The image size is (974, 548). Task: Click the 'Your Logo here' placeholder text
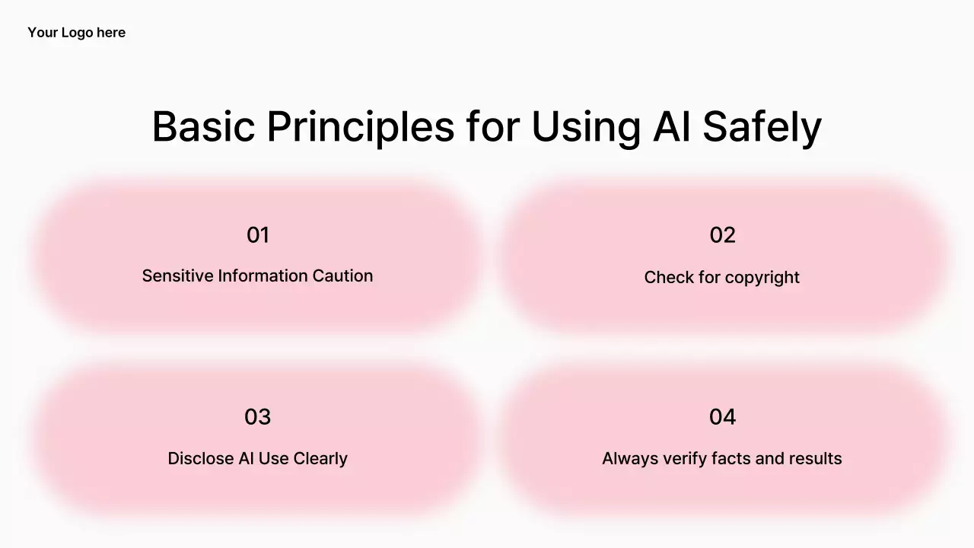click(x=77, y=33)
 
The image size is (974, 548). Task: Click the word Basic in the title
click(x=203, y=126)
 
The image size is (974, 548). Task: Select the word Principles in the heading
click(x=361, y=129)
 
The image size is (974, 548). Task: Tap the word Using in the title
click(x=586, y=129)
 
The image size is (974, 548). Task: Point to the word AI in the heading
click(x=671, y=126)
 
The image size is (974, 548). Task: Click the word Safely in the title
click(x=762, y=128)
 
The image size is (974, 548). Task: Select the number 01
click(x=258, y=235)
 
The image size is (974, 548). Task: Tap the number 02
click(x=722, y=235)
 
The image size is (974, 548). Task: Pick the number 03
click(x=257, y=417)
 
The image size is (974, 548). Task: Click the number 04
click(x=722, y=417)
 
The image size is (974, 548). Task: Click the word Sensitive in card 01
click(x=177, y=276)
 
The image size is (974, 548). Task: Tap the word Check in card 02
click(x=669, y=278)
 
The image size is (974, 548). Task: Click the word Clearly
click(x=320, y=459)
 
